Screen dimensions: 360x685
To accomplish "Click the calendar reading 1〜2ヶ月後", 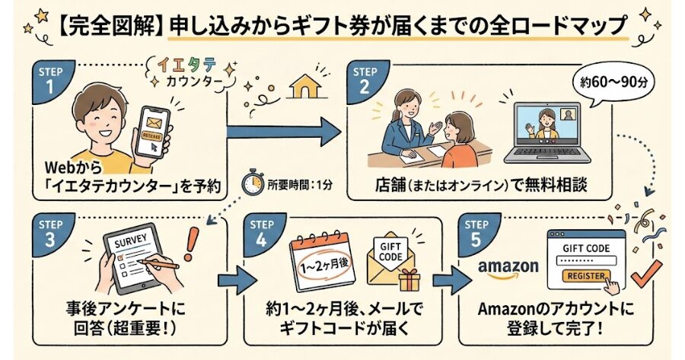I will [x=322, y=266].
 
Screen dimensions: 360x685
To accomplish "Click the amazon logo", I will [x=508, y=268].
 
